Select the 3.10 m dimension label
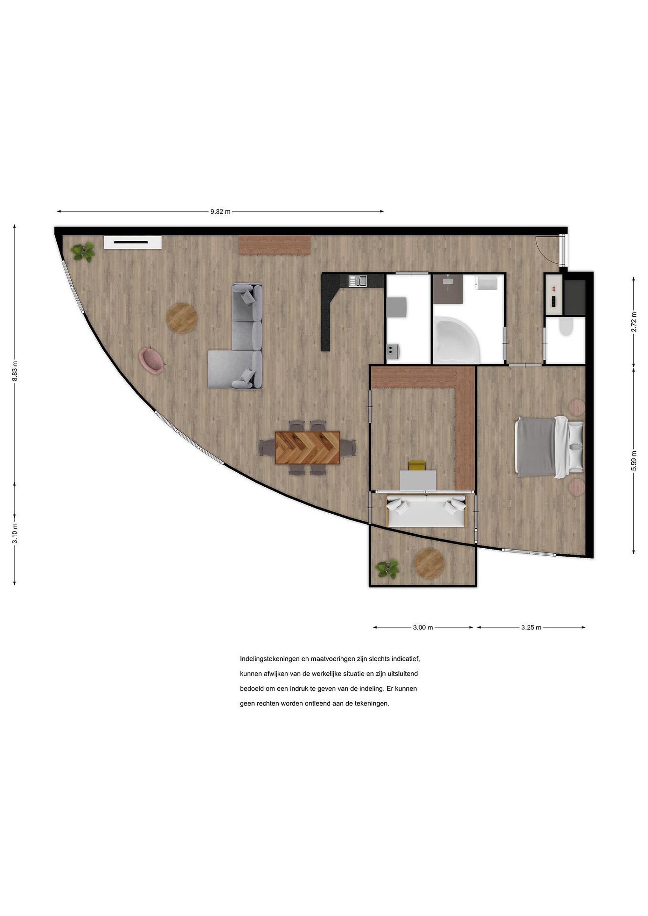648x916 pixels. pos(15,533)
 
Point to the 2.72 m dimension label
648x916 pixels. pos(633,322)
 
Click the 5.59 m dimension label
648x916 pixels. pos(633,461)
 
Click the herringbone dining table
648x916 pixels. pos(307,448)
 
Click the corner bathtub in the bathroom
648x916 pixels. pos(455,340)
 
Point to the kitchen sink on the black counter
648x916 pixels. pos(358,281)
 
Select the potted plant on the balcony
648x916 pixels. pos(387,568)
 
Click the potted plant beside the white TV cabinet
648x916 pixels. pos(83,252)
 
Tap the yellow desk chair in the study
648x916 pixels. pos(417,466)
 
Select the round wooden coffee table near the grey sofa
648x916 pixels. pos(182,318)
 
